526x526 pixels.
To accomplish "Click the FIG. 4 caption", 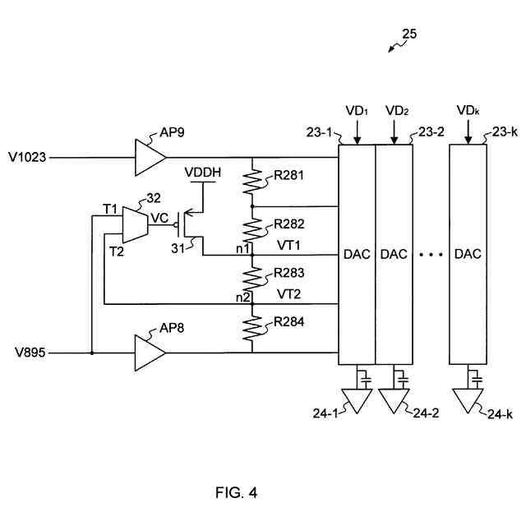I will (236, 493).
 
